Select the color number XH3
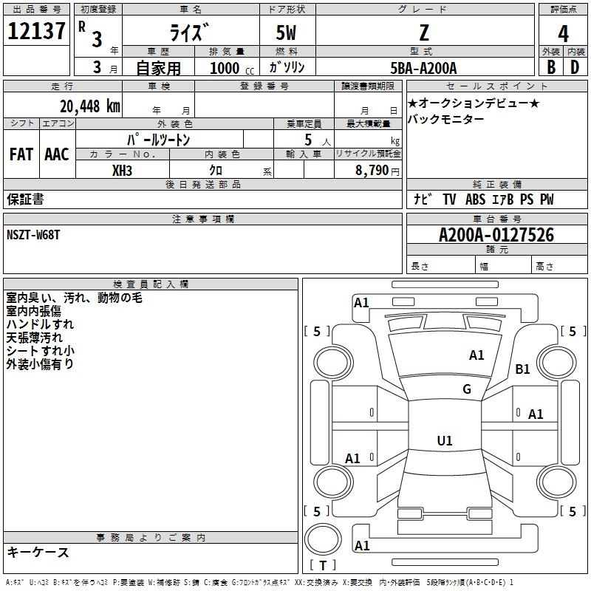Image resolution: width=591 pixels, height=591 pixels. pyautogui.click(x=123, y=170)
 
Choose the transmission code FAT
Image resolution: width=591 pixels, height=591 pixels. pyautogui.click(x=21, y=154)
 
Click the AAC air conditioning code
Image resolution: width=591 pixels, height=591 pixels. pyautogui.click(x=57, y=154)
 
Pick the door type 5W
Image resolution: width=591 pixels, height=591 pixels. pyautogui.click(x=287, y=33)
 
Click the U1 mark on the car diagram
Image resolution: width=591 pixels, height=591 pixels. pyautogui.click(x=444, y=441)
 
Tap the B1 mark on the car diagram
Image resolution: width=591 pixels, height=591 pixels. pyautogui.click(x=523, y=369)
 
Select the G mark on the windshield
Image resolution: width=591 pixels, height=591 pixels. pyautogui.click(x=467, y=389)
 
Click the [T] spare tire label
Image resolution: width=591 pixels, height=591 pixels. pyautogui.click(x=323, y=566)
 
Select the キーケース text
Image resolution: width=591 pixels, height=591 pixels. pyautogui.click(x=38, y=553)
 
